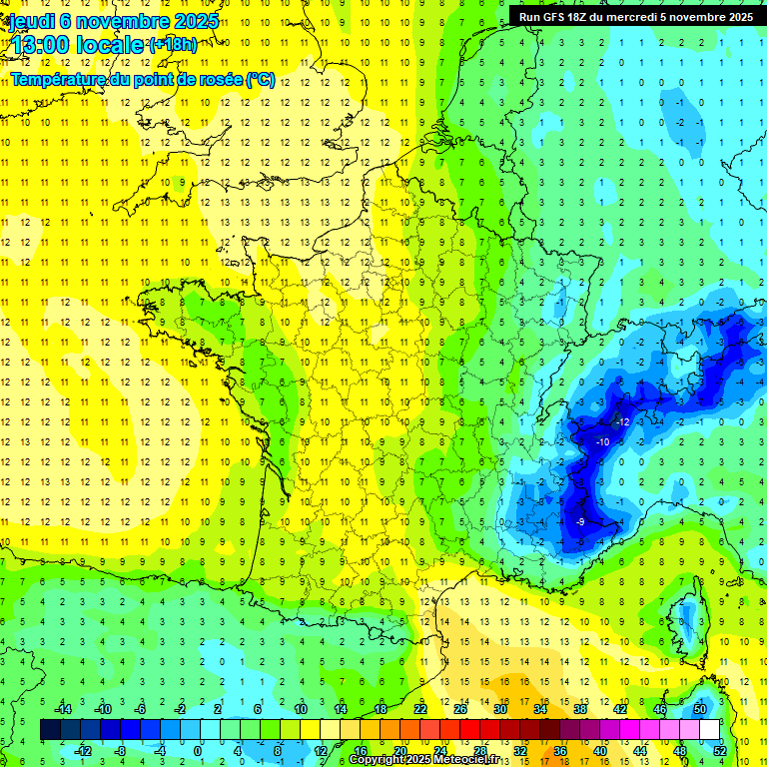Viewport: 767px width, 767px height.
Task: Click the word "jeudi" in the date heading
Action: coord(31,20)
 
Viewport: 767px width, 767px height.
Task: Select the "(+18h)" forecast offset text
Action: coord(173,43)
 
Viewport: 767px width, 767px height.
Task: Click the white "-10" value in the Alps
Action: coord(602,442)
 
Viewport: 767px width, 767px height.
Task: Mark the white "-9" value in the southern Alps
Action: coord(580,521)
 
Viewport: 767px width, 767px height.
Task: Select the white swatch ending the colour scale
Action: coord(710,730)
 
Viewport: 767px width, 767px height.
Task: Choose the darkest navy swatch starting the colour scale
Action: coord(51,730)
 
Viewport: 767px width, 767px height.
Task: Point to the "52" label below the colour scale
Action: coord(719,750)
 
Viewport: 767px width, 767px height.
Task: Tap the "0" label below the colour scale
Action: coord(198,750)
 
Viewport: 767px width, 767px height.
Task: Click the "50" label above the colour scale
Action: coord(699,709)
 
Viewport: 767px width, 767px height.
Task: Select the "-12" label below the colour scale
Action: coord(84,750)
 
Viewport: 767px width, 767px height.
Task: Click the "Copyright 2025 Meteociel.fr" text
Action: coord(423,760)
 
